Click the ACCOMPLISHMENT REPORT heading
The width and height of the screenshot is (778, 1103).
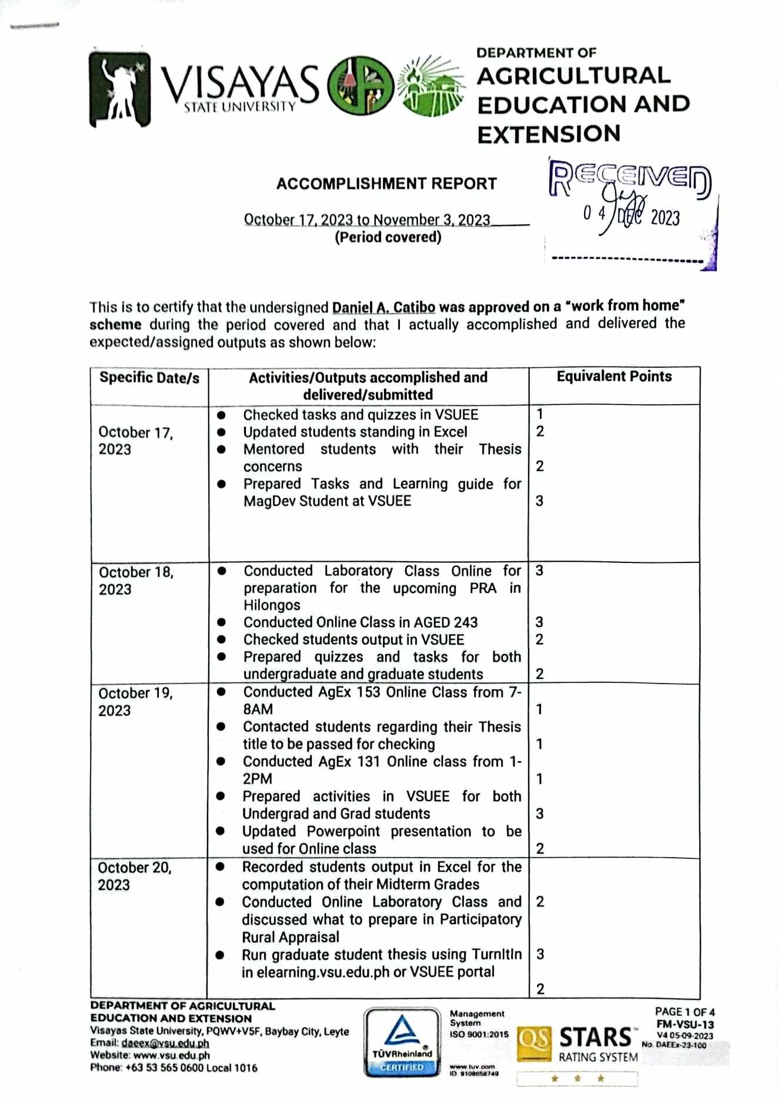(x=386, y=184)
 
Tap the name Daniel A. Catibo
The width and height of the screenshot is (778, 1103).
(x=383, y=307)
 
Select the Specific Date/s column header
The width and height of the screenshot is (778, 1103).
(x=149, y=377)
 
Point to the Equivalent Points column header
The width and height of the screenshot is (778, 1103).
(x=614, y=376)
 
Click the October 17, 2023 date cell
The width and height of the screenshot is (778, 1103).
(x=136, y=441)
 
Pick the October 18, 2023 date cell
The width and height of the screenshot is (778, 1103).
(x=136, y=581)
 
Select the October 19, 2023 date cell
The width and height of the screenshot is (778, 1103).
(x=135, y=702)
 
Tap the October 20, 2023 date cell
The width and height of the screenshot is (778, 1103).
(x=135, y=876)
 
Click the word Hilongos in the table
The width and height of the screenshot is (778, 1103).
(x=272, y=605)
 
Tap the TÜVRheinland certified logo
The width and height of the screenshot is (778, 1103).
(x=402, y=1042)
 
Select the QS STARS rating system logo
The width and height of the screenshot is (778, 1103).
(x=577, y=1045)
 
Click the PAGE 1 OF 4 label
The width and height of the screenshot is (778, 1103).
(x=684, y=1012)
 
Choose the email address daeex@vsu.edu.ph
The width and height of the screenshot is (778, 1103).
(x=165, y=1043)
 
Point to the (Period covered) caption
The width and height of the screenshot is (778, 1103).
(x=388, y=237)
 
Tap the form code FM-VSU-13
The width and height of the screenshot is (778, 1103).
(x=685, y=1024)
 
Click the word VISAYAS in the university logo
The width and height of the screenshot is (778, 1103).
(x=240, y=84)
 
